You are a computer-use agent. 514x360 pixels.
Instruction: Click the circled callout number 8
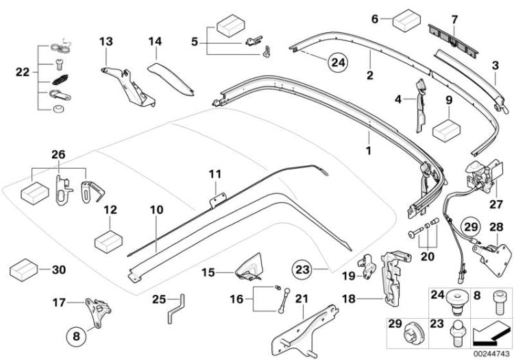77,336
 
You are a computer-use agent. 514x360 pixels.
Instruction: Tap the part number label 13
106,42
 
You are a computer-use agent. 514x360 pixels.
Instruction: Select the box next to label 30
22,269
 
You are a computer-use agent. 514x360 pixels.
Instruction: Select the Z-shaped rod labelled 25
177,310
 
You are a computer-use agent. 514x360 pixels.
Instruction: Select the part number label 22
21,71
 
